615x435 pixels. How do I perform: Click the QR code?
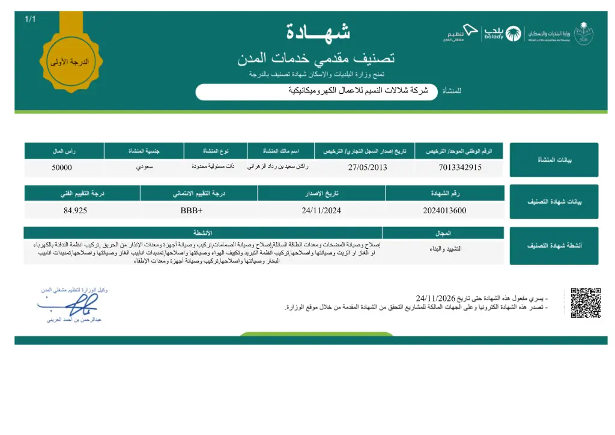tap(585, 303)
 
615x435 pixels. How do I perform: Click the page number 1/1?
tap(31, 19)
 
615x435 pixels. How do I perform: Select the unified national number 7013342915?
tap(460, 168)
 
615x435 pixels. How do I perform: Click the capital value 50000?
tap(62, 168)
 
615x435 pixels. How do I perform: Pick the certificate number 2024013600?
tap(444, 210)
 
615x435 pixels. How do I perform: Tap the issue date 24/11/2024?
tap(321, 210)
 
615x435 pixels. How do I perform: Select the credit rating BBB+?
tap(192, 210)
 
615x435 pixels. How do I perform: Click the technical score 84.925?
tap(75, 210)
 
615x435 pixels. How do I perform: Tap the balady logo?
tap(494, 34)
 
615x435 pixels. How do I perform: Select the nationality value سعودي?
tap(145, 166)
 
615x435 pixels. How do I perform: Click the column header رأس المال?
tap(64, 151)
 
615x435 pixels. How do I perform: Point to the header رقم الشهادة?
tap(445, 193)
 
